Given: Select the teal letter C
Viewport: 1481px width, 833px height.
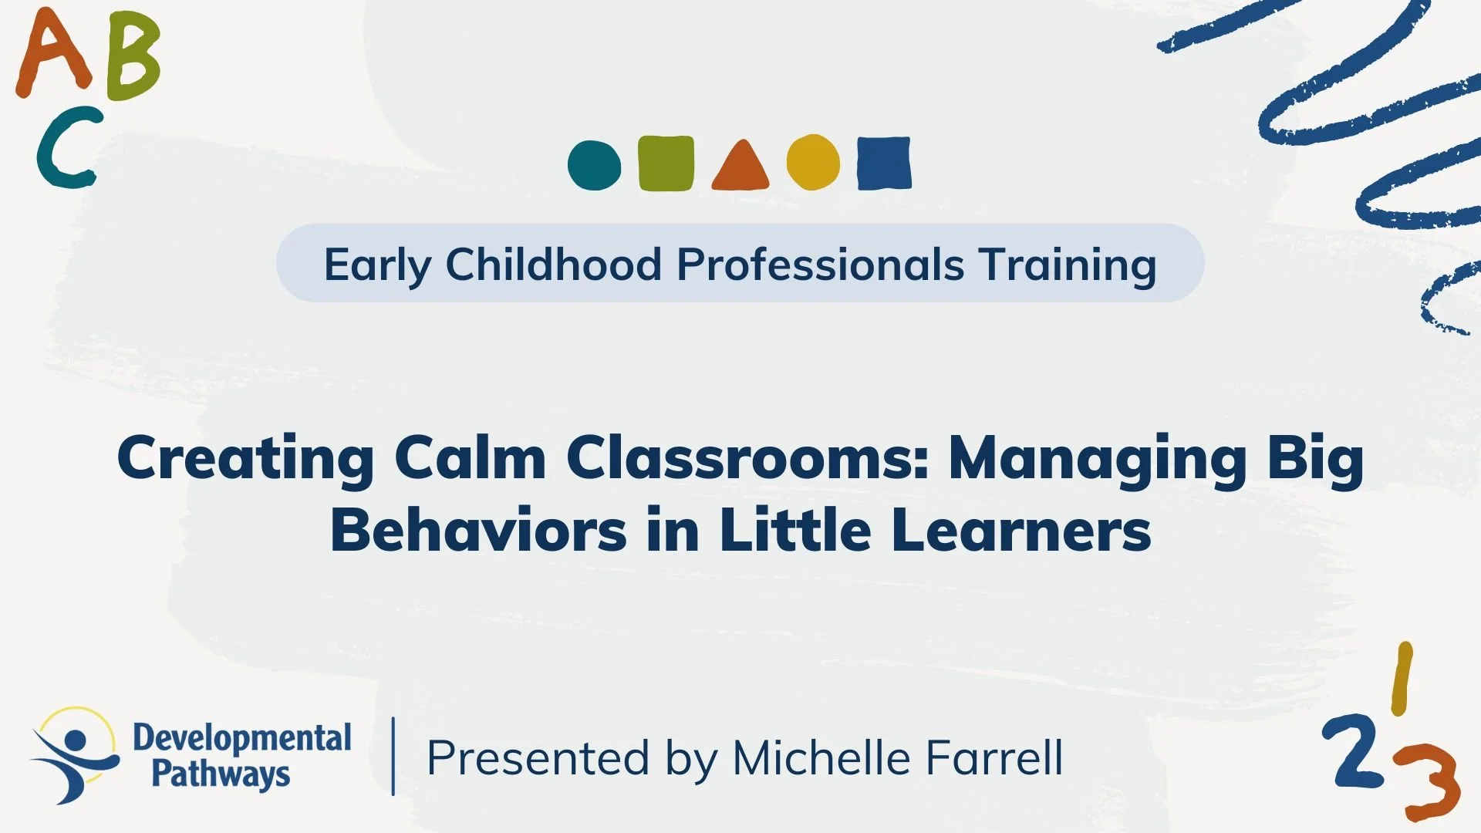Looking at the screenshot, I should click(x=66, y=148).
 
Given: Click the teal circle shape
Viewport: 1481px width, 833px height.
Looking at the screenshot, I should click(x=594, y=164).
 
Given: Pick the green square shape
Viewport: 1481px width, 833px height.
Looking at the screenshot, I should click(x=666, y=163).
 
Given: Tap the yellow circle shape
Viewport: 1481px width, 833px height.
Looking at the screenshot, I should click(x=813, y=162).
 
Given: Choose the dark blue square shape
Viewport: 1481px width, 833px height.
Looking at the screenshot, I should click(x=884, y=163).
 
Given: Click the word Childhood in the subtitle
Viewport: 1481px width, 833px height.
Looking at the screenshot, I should click(x=553, y=265).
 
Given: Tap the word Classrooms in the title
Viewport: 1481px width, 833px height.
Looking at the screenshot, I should click(x=747, y=458).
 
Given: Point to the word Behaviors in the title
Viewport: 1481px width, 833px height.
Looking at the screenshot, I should click(x=478, y=531).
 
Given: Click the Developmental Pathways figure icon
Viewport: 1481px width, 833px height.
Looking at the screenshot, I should click(x=74, y=755).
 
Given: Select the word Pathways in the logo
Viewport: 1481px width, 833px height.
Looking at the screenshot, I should click(x=221, y=774).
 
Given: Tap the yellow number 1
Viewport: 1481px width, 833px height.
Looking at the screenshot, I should click(x=1402, y=679).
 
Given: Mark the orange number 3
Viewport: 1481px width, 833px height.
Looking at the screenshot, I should click(x=1432, y=781).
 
